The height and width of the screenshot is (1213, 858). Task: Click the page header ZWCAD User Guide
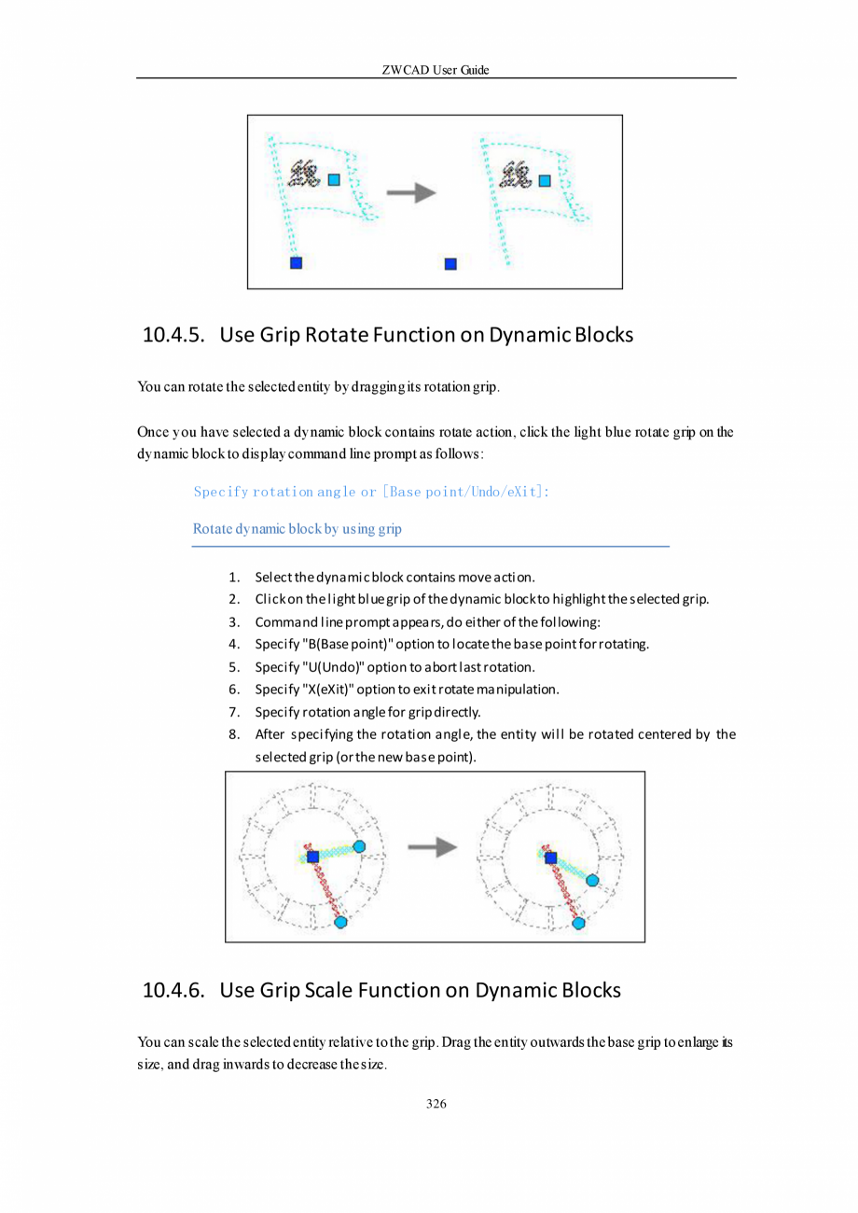click(436, 70)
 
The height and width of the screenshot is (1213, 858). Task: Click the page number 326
click(436, 1104)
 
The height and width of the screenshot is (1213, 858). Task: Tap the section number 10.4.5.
click(173, 335)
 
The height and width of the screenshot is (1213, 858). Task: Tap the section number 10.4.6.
click(173, 990)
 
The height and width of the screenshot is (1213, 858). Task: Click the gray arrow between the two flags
click(411, 192)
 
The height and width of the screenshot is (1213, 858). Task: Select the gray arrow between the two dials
click(433, 847)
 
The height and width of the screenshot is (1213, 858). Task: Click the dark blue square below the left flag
click(297, 263)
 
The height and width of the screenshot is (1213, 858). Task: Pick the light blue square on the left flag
click(334, 179)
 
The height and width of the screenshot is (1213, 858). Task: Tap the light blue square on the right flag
click(546, 180)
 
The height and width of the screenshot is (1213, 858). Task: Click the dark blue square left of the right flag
click(450, 264)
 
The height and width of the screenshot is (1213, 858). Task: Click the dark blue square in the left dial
click(313, 857)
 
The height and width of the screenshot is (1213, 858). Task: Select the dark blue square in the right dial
click(550, 857)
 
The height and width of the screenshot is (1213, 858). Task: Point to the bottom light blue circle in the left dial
click(340, 922)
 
